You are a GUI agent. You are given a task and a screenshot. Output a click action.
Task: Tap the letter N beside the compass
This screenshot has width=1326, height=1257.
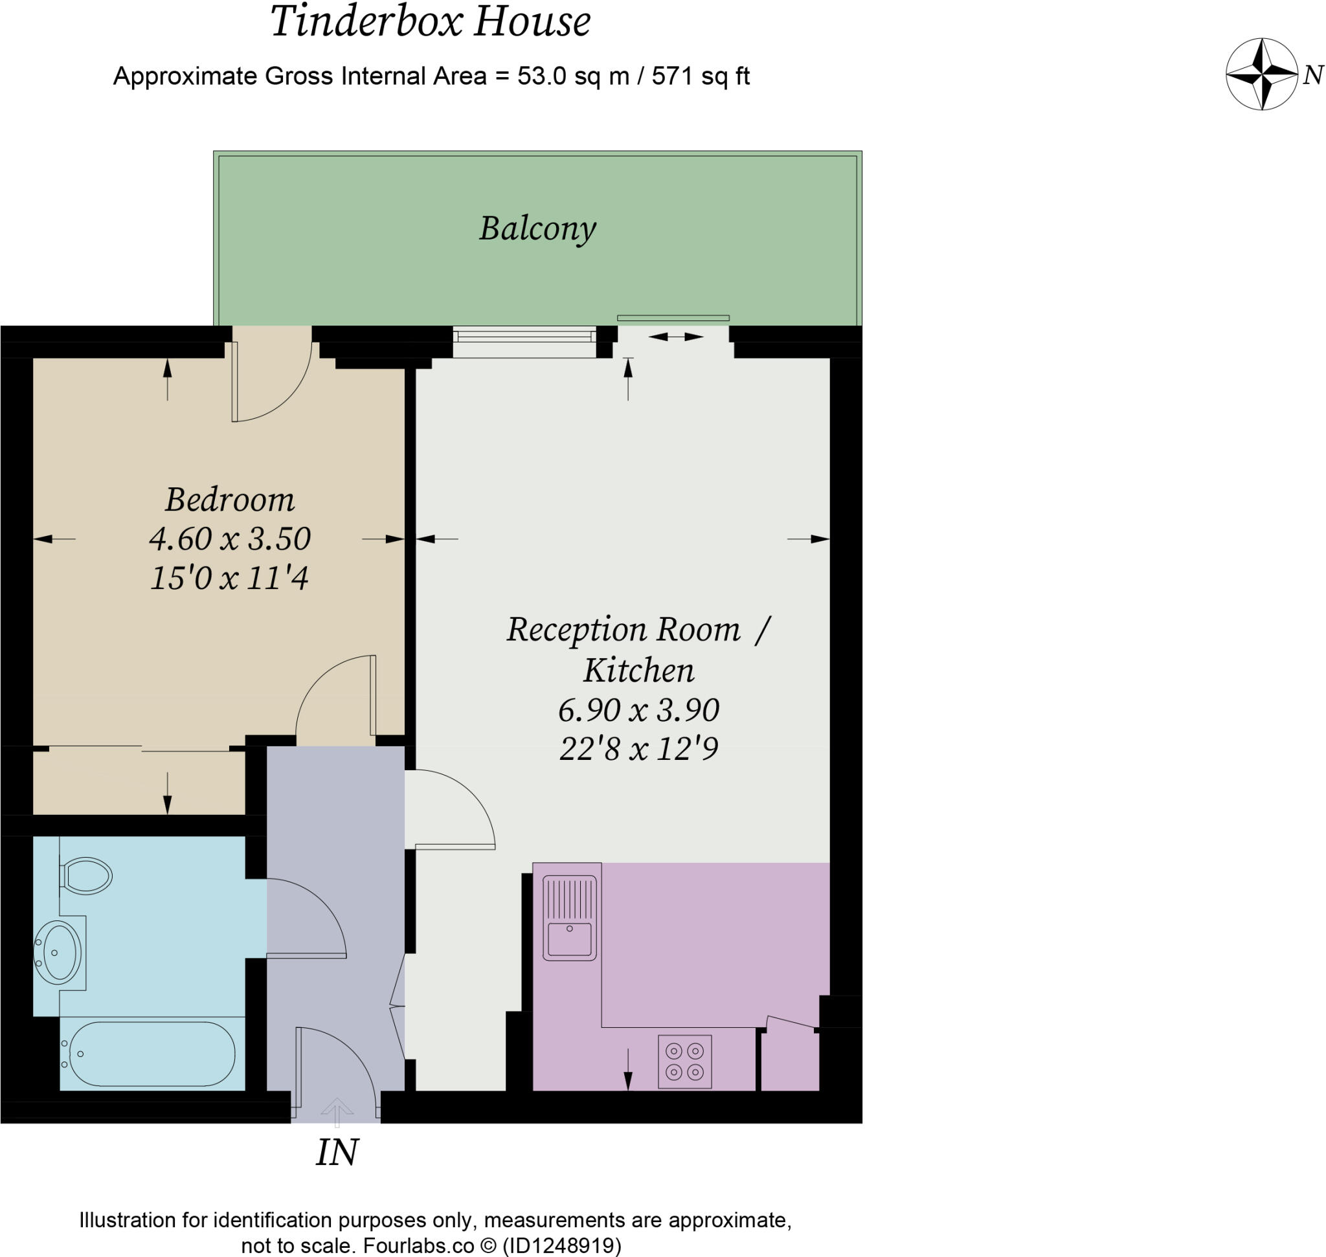[1312, 75]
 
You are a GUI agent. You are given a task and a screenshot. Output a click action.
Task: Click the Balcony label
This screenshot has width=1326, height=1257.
[537, 228]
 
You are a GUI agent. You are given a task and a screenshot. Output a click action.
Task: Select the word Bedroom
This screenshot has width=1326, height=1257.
[229, 500]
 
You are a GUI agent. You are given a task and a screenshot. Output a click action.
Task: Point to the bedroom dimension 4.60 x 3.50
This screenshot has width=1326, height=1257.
[229, 539]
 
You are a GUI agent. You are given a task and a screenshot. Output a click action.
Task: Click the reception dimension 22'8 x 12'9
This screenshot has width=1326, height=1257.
[638, 748]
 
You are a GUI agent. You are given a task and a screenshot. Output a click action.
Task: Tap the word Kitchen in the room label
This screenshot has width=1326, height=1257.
[638, 670]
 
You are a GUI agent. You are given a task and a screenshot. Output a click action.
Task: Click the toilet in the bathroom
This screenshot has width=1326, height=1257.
[86, 875]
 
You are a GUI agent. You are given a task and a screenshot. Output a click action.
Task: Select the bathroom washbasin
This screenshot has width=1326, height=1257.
[58, 952]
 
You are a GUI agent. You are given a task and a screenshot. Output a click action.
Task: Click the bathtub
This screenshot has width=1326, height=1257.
[152, 1054]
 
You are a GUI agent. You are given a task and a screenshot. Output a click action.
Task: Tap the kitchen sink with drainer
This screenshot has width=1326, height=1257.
[570, 917]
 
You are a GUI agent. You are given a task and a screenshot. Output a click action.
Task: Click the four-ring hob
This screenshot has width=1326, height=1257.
[684, 1062]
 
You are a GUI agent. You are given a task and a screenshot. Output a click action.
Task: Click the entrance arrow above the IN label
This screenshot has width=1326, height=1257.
[337, 1112]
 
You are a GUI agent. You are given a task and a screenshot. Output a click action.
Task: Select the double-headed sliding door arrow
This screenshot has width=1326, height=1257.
[675, 337]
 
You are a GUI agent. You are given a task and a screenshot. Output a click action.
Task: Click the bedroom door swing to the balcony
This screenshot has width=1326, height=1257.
[271, 382]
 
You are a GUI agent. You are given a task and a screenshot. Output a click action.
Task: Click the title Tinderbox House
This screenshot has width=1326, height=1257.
[430, 21]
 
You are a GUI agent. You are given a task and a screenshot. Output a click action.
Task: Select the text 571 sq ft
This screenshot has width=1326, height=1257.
[700, 76]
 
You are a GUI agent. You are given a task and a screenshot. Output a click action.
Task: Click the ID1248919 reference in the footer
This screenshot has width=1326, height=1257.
[562, 1245]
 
